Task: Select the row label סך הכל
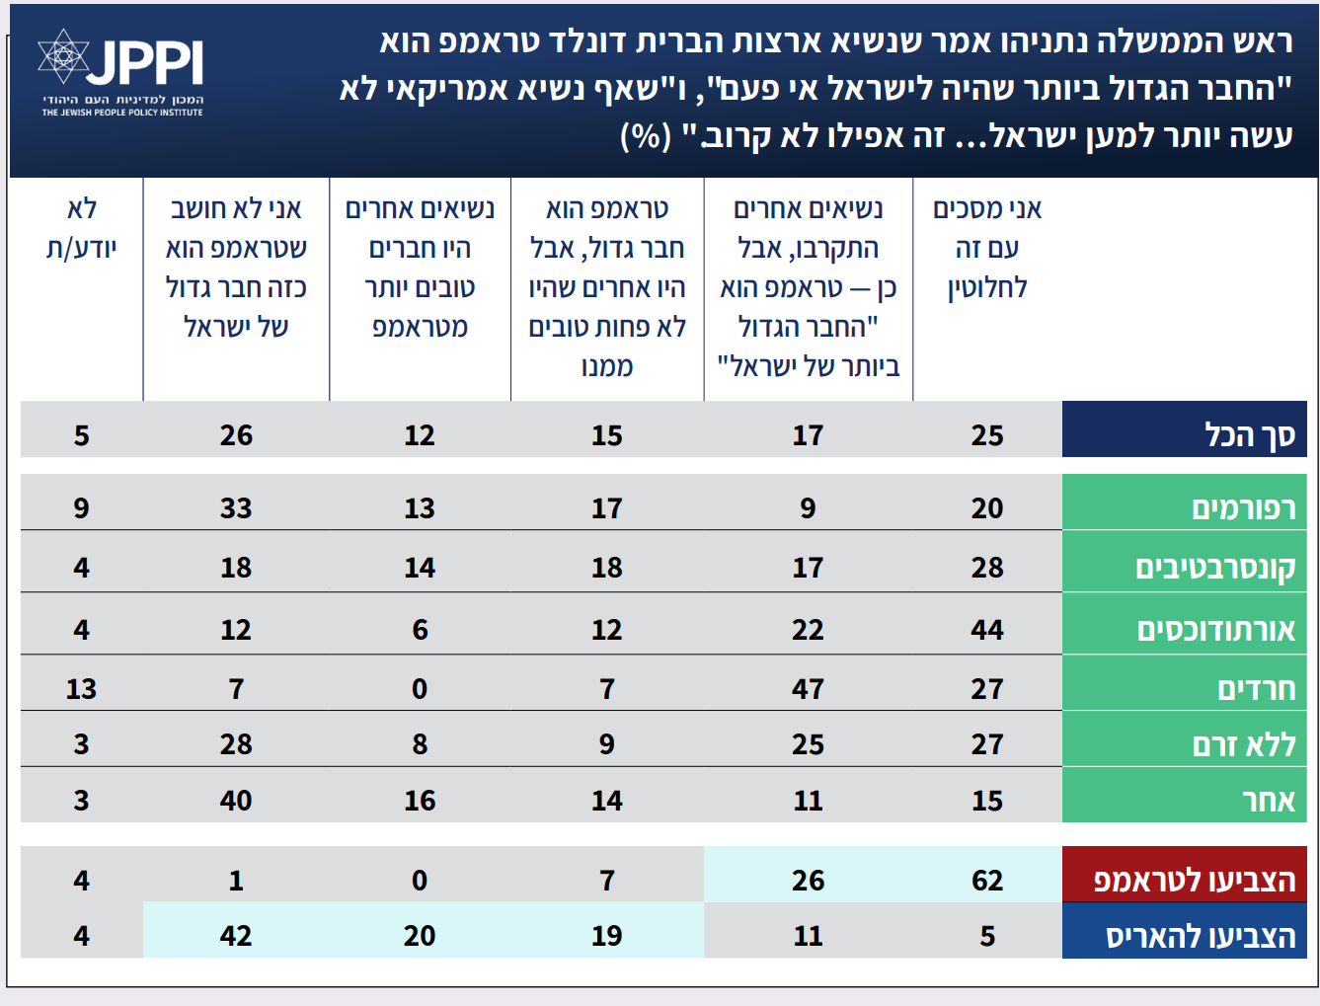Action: click(1249, 434)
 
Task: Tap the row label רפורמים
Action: click(1243, 507)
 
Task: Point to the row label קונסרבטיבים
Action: click(1215, 568)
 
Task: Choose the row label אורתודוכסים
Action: click(1215, 630)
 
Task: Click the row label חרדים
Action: click(1256, 689)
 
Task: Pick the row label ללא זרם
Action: click(1244, 744)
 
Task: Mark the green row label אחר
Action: click(1269, 801)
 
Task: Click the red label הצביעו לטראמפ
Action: click(1195, 880)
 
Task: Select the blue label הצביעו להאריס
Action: click(1201, 936)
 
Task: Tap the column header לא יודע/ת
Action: click(82, 228)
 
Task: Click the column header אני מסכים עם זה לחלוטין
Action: click(987, 248)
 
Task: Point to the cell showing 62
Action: click(987, 880)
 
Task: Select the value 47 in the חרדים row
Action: click(808, 689)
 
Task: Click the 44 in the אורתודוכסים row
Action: click(987, 630)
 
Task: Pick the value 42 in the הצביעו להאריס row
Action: click(236, 936)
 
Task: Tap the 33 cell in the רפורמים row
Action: click(236, 508)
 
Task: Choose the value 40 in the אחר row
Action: click(236, 801)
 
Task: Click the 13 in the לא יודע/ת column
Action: click(81, 689)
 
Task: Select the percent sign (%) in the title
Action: click(646, 135)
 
